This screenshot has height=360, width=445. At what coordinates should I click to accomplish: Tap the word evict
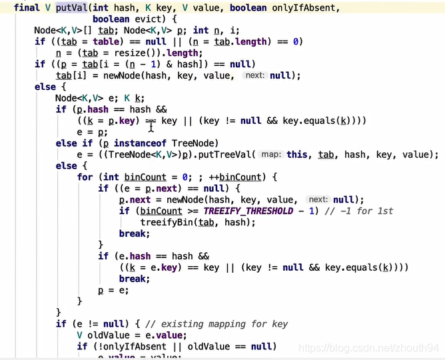click(148, 19)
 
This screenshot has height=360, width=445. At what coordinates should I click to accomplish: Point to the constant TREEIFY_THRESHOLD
click(248, 211)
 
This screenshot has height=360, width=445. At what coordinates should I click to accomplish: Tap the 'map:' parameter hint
click(271, 154)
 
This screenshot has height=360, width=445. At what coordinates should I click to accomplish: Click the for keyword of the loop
click(85, 177)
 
